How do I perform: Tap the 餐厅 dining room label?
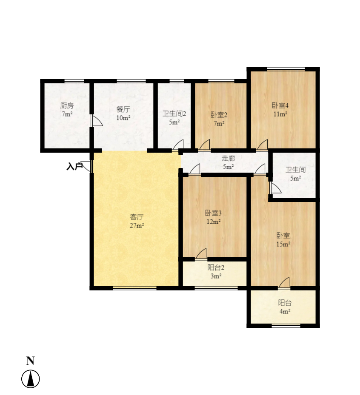point(123,109)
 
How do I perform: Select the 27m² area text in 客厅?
point(137,225)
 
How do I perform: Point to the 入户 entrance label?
point(74,166)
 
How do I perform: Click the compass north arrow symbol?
point(31,379)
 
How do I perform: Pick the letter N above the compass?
point(30,361)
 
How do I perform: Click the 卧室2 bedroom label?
point(219,114)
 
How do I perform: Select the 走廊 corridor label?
point(229,158)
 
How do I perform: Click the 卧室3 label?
point(213,213)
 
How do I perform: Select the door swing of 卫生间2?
point(178,145)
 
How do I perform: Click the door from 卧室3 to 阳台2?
point(201,253)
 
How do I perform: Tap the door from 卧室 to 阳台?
point(284,282)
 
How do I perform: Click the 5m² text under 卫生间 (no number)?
point(295,178)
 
